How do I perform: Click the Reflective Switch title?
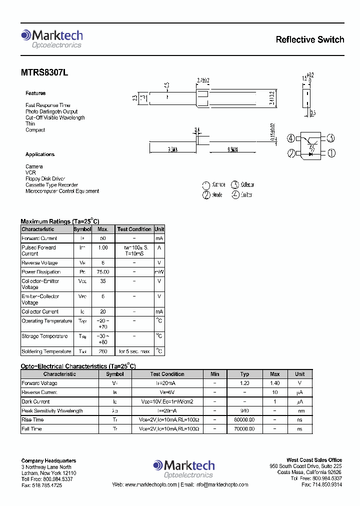tap(309, 39)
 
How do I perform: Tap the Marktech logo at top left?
tap(51, 38)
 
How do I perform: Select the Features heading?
tap(35, 93)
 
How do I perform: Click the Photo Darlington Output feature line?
tap(51, 111)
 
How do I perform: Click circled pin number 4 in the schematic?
tap(291, 138)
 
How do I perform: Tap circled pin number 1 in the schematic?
tap(331, 153)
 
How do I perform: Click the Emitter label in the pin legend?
tap(246, 195)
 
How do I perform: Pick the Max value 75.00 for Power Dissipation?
tap(102, 272)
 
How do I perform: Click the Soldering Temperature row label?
tap(46, 351)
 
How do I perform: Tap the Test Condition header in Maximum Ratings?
tap(134, 229)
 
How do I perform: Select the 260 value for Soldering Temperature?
tap(102, 351)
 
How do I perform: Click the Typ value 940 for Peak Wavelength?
tap(244, 410)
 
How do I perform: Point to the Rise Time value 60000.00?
tap(244, 420)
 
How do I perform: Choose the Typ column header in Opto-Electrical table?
tap(244, 374)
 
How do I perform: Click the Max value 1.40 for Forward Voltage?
tap(274, 383)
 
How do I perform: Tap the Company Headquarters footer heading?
tap(48, 460)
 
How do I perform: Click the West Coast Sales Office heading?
tap(314, 460)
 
